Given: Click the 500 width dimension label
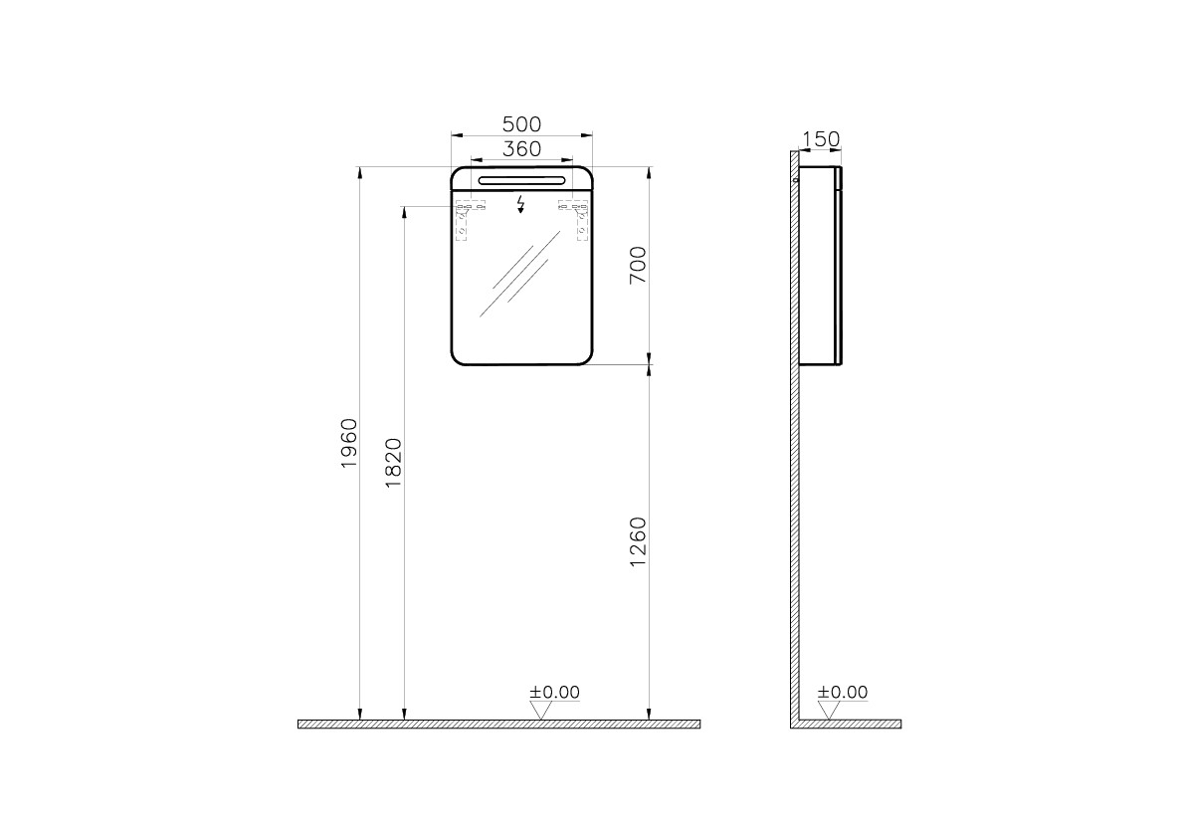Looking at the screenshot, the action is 521,123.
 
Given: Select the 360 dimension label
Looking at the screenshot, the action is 521,148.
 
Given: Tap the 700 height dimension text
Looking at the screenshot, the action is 638,265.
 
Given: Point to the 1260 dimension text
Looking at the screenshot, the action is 638,542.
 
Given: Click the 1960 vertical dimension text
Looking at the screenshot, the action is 348,443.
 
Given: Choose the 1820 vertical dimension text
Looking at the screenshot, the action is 393,462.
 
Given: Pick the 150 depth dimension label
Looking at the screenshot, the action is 820,139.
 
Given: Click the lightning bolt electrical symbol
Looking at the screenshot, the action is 520,205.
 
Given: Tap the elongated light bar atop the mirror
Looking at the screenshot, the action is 521,179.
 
